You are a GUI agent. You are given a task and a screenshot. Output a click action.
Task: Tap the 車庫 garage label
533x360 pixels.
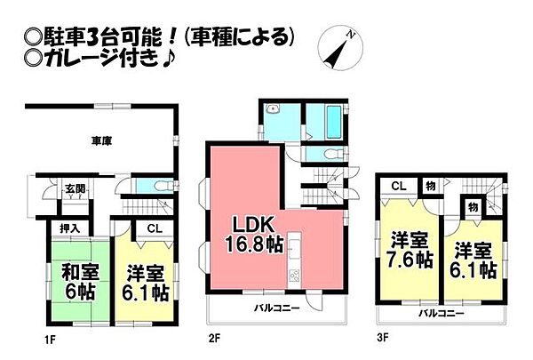100,140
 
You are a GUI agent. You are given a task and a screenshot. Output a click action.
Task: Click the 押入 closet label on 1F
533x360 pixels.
68,228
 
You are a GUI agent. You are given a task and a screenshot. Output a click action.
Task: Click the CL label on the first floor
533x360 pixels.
152,228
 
